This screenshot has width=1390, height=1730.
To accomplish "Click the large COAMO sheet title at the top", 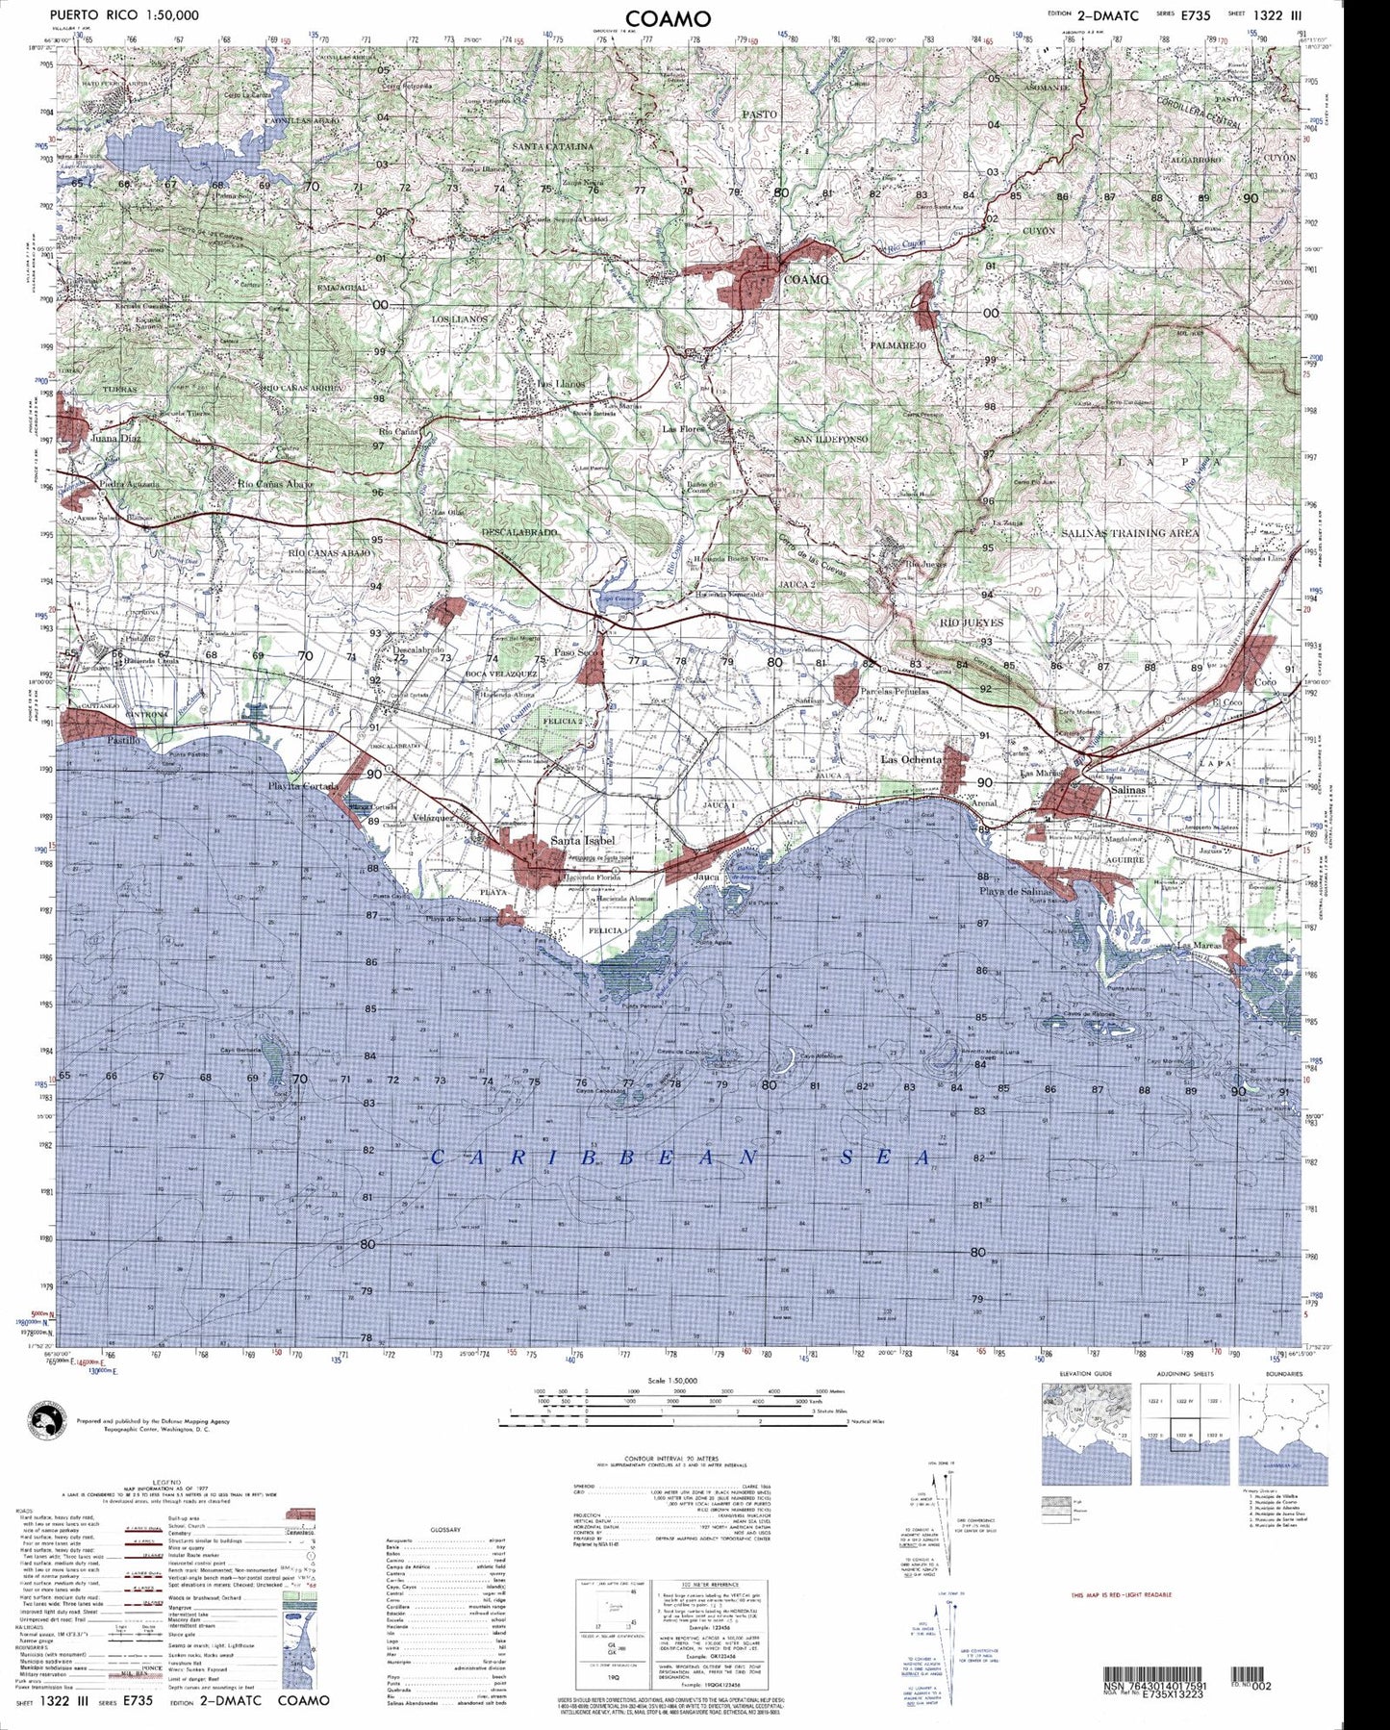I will [x=668, y=18].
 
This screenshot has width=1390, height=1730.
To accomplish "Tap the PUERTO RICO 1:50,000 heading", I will [x=125, y=15].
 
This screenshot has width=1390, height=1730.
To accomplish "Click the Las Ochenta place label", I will [x=911, y=759].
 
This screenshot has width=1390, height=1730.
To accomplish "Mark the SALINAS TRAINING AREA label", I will [x=1130, y=532].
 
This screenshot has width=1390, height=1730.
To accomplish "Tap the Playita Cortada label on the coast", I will [x=302, y=785].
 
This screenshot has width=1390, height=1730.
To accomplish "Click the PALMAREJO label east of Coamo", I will [x=897, y=343].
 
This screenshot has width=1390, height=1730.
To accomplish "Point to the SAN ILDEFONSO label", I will [x=830, y=439].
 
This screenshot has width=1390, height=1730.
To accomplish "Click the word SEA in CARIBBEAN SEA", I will [x=886, y=1158].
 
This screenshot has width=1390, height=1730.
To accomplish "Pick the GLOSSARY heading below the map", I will [x=445, y=1529].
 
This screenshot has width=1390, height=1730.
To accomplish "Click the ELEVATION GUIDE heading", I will [x=1085, y=1373].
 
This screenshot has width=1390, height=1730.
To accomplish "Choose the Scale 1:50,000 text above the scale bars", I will [x=673, y=1380].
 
